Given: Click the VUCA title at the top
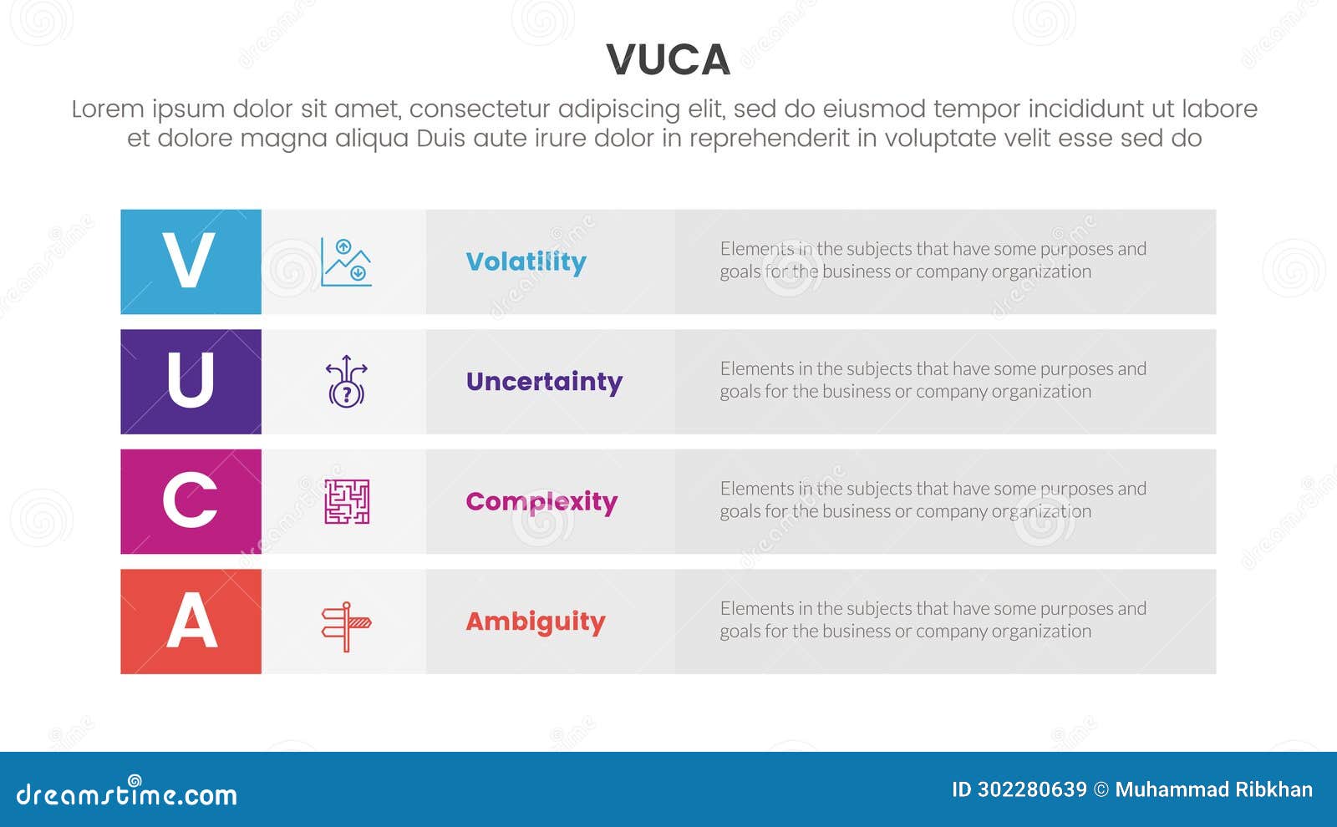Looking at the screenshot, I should click(668, 60).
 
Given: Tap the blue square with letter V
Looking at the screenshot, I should click(191, 261).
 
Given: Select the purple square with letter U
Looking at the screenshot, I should click(191, 382).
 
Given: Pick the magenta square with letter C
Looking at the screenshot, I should click(191, 501).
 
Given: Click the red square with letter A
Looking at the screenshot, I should click(191, 622).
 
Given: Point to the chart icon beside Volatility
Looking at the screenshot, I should click(346, 262).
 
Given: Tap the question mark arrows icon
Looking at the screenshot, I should click(346, 382).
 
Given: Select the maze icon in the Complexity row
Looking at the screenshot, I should click(346, 502).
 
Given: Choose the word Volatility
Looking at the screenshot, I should click(526, 262).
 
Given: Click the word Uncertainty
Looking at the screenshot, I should click(544, 382).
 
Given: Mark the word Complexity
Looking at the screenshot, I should click(541, 502).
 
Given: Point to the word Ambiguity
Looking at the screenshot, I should click(535, 622).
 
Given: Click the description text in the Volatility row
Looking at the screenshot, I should click(933, 260).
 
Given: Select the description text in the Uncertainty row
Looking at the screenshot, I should click(933, 380).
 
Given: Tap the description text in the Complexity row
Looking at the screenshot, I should click(933, 500).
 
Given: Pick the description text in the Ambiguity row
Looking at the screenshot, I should click(933, 620).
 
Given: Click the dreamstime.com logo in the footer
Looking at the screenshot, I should click(126, 794).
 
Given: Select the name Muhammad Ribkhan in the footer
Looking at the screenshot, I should click(1213, 789).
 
